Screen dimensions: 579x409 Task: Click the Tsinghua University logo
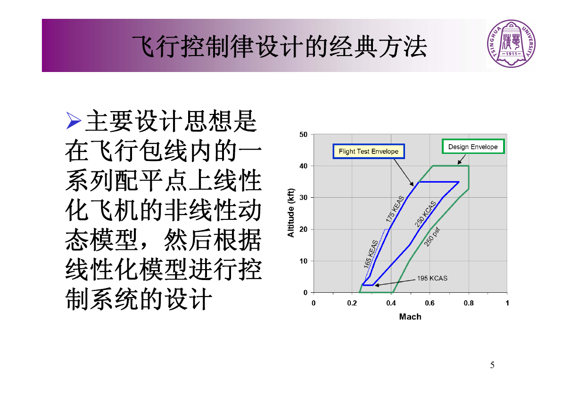click(511, 44)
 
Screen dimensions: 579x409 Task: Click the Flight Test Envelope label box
click(369, 151)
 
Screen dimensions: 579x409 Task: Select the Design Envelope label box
click(473, 146)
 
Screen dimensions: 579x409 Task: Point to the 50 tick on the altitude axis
click(304, 135)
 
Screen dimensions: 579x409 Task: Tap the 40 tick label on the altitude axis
click(304, 166)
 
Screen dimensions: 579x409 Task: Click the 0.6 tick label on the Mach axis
click(430, 303)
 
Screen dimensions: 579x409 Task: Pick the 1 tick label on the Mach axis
click(507, 303)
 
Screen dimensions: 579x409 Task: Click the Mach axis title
click(410, 317)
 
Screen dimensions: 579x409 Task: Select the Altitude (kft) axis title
click(291, 213)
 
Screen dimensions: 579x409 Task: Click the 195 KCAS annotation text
click(432, 278)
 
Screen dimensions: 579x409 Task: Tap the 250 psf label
click(432, 237)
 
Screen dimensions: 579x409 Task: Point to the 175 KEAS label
click(395, 209)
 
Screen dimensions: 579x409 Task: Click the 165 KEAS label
click(371, 254)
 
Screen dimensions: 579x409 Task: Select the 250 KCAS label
click(425, 214)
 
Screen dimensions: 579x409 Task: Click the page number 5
click(492, 365)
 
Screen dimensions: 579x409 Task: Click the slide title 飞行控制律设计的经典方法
click(279, 47)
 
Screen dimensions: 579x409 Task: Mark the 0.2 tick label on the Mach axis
click(352, 303)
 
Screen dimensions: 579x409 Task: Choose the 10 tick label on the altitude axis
click(304, 261)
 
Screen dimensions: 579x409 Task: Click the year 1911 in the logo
click(511, 54)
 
